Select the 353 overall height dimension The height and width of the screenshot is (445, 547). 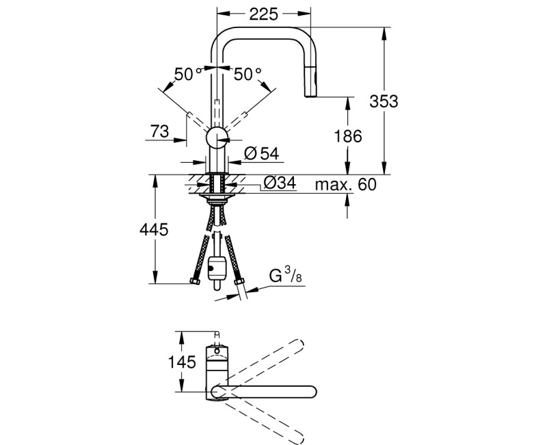[x=384, y=101]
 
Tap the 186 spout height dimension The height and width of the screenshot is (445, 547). [x=349, y=136]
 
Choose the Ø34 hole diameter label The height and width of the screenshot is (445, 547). [x=279, y=183]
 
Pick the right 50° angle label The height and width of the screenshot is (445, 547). [x=248, y=75]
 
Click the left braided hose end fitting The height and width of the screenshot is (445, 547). [x=194, y=281]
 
